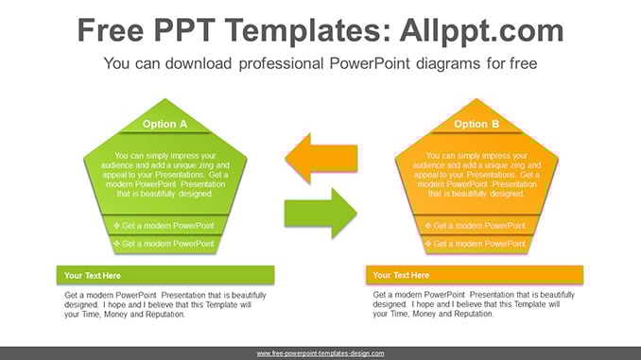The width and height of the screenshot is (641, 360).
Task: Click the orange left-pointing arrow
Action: point(320,158)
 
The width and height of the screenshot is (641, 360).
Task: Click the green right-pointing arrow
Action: point(320,213)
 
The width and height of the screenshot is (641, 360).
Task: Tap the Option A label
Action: point(165,124)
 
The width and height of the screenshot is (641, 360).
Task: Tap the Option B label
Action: point(476,124)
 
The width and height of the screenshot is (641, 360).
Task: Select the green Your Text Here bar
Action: point(165,275)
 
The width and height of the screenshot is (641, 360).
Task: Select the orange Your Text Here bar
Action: point(475,275)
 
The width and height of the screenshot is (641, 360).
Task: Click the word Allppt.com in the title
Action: point(481,30)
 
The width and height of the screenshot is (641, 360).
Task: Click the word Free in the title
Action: point(111,30)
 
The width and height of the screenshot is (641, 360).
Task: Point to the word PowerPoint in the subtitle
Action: point(370,63)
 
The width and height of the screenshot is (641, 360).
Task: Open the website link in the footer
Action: point(320,353)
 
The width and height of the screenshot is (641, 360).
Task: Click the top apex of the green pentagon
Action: point(165,98)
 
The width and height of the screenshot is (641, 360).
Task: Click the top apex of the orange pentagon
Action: point(476,98)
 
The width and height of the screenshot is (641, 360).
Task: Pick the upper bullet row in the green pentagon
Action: point(165,225)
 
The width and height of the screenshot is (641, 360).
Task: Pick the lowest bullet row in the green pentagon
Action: point(165,244)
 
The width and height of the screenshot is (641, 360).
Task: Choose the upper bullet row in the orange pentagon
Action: point(476,225)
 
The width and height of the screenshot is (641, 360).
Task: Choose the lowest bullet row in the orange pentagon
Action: point(476,244)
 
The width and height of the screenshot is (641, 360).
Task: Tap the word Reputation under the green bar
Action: point(166,315)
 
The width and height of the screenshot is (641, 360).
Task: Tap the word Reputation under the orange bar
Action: point(476,314)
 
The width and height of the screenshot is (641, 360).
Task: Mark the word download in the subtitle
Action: point(199,63)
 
